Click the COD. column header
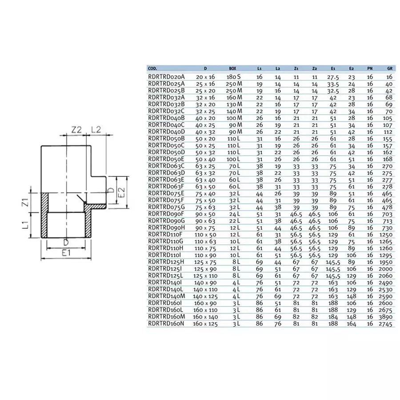click(152, 69)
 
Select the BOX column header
click(232, 69)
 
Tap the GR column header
click(389, 69)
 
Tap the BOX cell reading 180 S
click(234, 77)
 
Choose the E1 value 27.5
click(333, 77)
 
